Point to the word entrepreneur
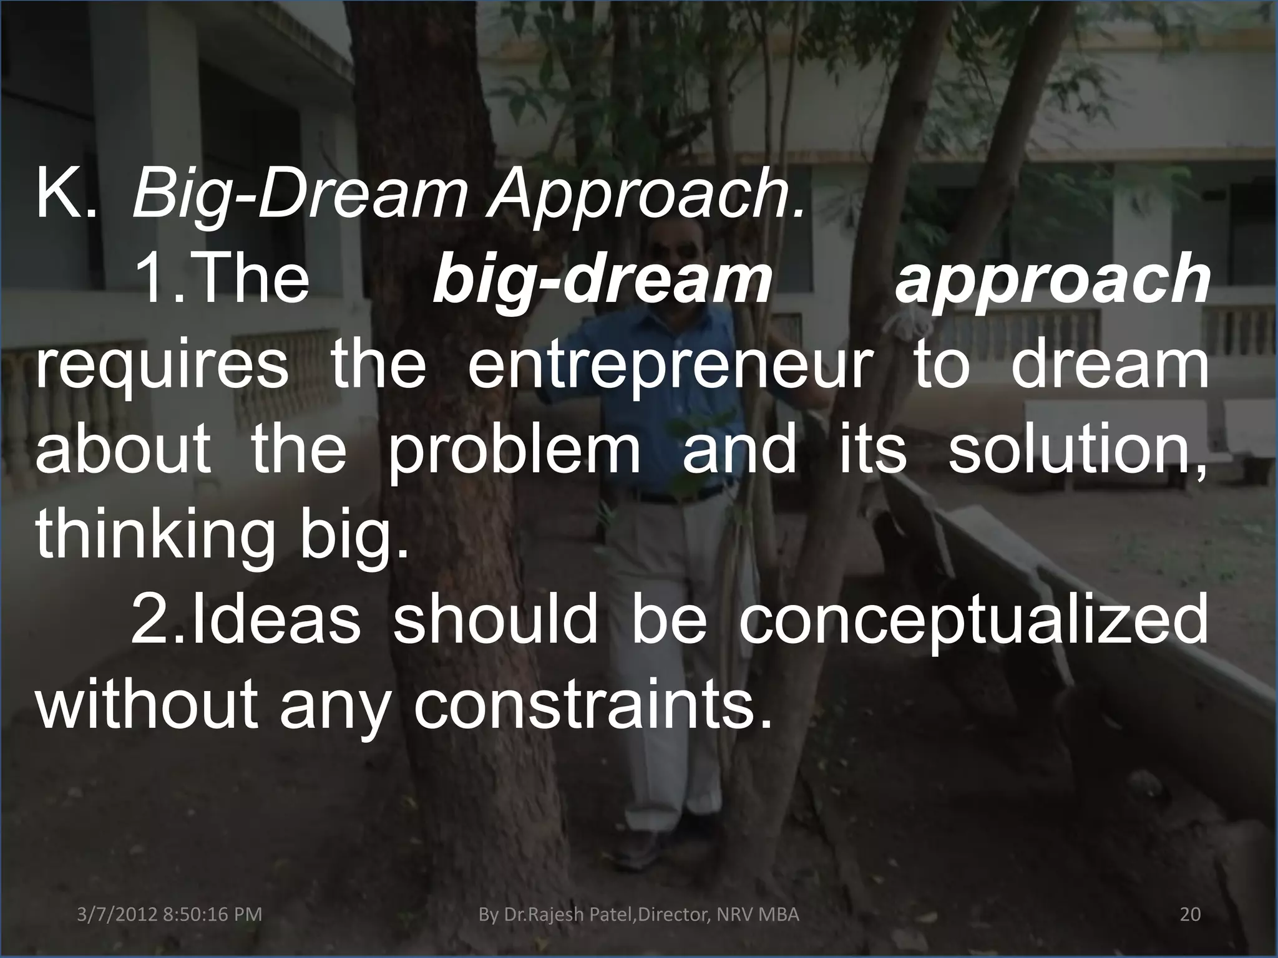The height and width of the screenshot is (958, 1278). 668,367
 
